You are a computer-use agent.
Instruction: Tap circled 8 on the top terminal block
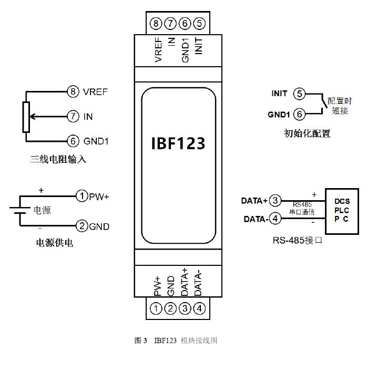(155, 23)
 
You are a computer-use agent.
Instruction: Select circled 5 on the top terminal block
(199, 23)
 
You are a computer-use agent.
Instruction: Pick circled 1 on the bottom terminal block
(155, 309)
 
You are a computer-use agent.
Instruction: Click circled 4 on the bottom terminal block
(199, 309)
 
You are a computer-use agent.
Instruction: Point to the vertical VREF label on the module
(158, 49)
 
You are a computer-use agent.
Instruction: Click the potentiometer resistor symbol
(26, 117)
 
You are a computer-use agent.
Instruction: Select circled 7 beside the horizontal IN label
(73, 116)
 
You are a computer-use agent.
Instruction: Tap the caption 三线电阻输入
(58, 158)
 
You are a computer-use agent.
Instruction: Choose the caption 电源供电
(54, 243)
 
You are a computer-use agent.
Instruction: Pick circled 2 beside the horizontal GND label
(81, 226)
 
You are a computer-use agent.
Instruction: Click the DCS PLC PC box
(342, 211)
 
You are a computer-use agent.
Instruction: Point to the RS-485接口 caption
(297, 242)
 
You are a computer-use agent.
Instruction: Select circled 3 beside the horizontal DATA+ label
(275, 201)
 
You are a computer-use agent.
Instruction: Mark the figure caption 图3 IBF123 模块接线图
(176, 340)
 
